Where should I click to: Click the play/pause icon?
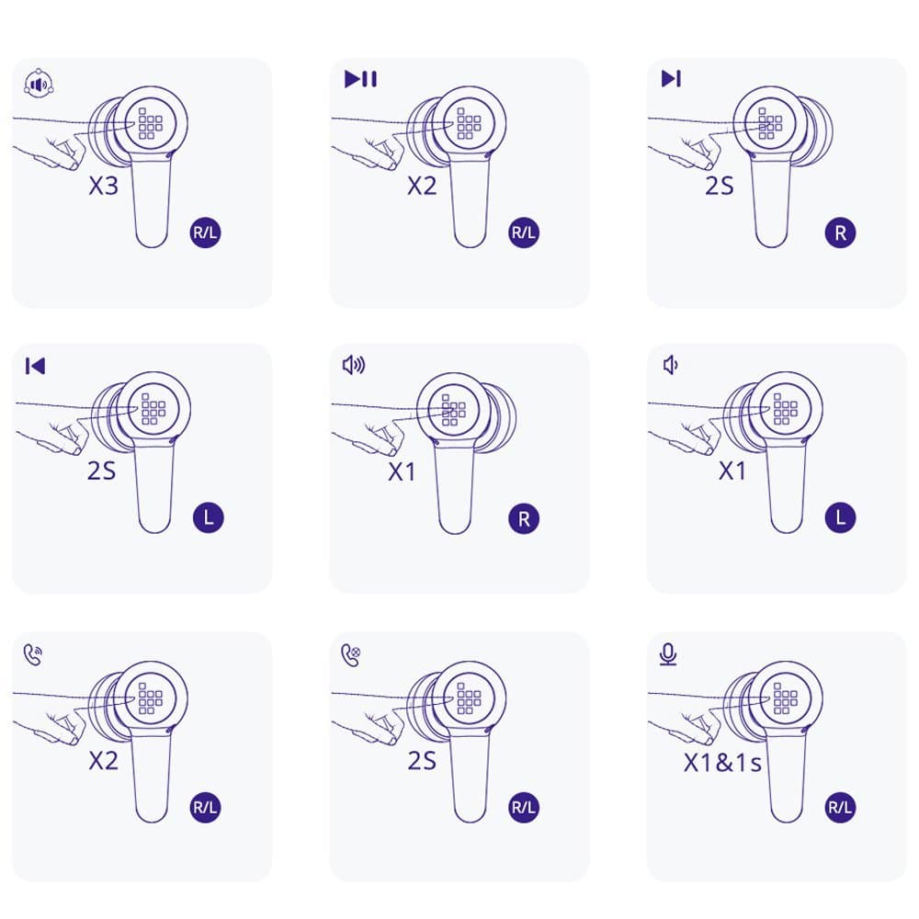pos(360,78)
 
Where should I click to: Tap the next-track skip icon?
pos(671,78)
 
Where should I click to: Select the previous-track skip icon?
pos(35,367)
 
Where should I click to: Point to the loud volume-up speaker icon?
pos(354,365)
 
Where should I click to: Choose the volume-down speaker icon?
pos(670,365)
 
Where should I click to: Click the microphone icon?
pos(668,654)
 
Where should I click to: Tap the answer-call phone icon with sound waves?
pos(33,654)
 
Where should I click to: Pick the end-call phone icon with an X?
pos(350,654)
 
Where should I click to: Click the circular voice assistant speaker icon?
pos(39,85)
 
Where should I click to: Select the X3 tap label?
pos(104,186)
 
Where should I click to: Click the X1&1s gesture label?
pos(722,763)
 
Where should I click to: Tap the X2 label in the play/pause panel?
pos(422,186)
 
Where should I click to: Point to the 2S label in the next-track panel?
pos(720,186)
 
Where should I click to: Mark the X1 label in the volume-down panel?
pos(732,471)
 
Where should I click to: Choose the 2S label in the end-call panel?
pos(422,761)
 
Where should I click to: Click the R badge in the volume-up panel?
pos(524,518)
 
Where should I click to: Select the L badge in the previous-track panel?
pos(209,517)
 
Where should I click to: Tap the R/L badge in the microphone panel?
pos(840,807)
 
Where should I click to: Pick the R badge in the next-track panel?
pos(841,233)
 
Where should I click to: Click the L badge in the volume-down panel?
pos(841,517)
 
